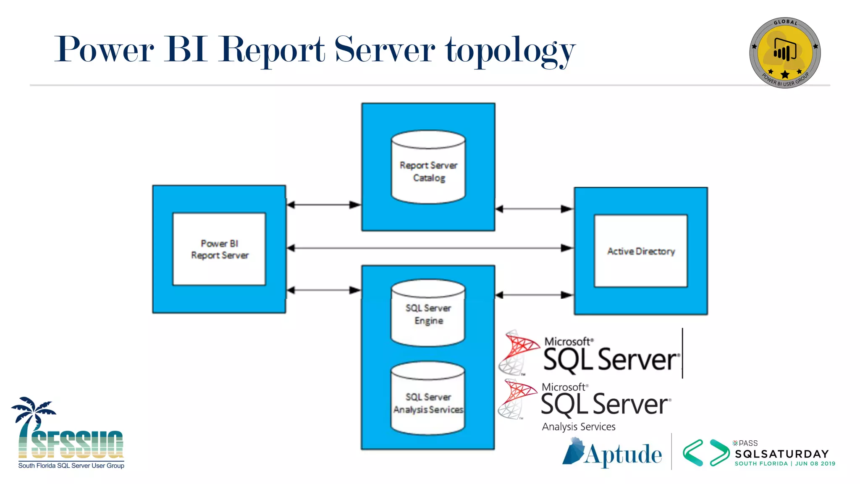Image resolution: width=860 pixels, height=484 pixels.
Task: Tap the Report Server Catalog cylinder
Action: point(428,168)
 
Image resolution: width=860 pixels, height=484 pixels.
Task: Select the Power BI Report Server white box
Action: point(219,249)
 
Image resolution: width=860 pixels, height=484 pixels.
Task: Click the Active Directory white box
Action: point(641,251)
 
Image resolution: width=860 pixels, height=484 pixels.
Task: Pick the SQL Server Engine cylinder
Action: point(428,313)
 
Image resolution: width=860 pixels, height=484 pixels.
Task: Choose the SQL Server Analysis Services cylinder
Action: point(428,399)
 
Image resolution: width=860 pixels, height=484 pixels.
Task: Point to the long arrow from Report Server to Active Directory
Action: point(429,248)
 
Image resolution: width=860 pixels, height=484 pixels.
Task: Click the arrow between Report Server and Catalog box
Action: point(324,205)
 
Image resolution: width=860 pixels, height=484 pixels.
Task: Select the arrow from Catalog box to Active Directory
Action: point(534,209)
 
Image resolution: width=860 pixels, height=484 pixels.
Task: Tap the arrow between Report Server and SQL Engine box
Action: point(324,290)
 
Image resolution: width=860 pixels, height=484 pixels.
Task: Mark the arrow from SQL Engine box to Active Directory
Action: point(534,295)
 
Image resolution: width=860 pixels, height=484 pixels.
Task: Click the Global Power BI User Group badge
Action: point(785,53)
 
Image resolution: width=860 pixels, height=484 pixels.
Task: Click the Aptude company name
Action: point(623,455)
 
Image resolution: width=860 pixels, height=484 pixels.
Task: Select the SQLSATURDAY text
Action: point(782,454)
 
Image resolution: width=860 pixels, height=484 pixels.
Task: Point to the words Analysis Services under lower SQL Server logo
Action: point(579,427)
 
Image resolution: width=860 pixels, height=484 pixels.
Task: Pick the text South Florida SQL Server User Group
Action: point(71,466)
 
